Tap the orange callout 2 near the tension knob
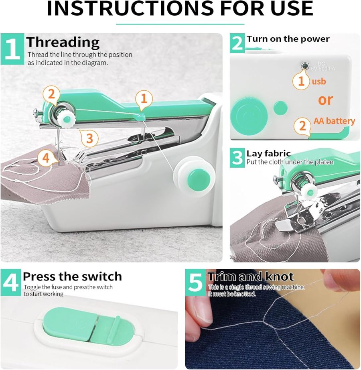point(51,94)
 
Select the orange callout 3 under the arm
point(89,138)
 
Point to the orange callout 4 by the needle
point(46,158)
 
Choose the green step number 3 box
point(237,158)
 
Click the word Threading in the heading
point(63,42)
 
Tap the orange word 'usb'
point(319,81)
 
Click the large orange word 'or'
point(325,100)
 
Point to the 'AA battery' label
point(334,121)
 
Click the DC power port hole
point(305,65)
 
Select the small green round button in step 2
point(280,107)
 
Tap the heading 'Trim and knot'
point(250,276)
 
